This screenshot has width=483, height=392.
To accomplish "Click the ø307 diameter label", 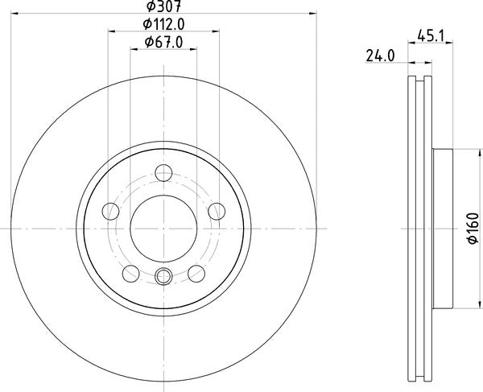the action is [x=164, y=6].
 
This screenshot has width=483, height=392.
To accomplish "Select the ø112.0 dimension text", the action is [x=164, y=24].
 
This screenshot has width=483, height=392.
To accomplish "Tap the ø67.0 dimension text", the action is [x=164, y=42].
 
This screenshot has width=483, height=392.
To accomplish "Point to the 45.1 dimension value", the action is [x=431, y=35].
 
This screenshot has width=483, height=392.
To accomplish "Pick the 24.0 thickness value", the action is [x=380, y=56].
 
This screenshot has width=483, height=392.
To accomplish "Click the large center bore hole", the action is [x=163, y=228].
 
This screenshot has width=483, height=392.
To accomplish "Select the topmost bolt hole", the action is [x=163, y=173].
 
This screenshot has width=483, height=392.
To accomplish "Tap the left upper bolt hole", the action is [x=110, y=211].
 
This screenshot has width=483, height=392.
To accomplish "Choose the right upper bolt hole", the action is [x=217, y=211].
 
